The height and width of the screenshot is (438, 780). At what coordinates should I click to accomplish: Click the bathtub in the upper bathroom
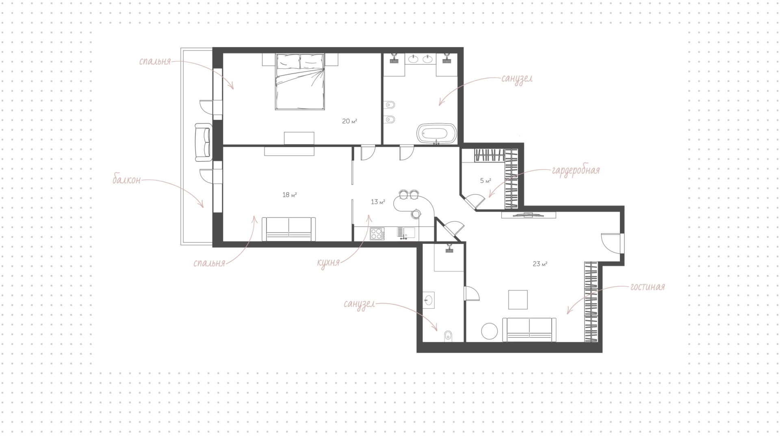point(437,133)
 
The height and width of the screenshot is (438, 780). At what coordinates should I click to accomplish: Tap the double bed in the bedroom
point(300,81)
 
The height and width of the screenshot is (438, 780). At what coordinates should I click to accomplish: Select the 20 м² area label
point(349,121)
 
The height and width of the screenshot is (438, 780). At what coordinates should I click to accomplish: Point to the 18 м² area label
point(289,195)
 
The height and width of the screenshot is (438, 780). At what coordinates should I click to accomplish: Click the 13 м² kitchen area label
point(378,202)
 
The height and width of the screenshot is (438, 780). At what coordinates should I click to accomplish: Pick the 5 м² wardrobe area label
point(485,180)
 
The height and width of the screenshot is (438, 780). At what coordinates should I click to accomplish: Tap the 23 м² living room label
point(540,264)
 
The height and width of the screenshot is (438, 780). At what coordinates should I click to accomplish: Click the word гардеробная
point(576,170)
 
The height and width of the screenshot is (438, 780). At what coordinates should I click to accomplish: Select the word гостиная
point(648,287)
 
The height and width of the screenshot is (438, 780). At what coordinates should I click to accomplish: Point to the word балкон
point(127,180)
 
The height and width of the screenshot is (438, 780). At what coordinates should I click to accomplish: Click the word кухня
point(328,262)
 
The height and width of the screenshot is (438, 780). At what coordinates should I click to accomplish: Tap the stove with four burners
point(377,234)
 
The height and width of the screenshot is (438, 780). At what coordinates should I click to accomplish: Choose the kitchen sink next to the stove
point(405,233)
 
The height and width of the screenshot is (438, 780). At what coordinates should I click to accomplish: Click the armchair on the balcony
point(204,142)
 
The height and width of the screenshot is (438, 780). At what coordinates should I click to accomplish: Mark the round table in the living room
point(490,331)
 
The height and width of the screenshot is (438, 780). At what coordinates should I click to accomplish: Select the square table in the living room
point(518,299)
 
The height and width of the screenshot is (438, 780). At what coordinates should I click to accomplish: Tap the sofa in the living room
point(529,330)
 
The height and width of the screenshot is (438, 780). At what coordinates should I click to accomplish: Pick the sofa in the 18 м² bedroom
point(288,229)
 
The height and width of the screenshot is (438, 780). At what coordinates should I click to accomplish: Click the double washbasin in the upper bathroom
point(420,59)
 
